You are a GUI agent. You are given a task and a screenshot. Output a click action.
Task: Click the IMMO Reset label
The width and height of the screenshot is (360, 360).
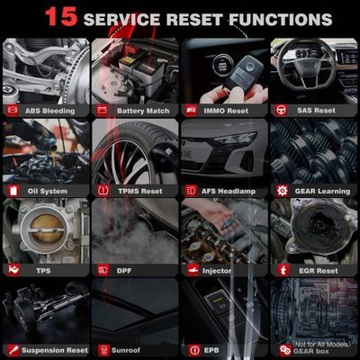[x=228, y=111]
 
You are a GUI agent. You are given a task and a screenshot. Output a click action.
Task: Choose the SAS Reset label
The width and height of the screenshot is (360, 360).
[x=318, y=111]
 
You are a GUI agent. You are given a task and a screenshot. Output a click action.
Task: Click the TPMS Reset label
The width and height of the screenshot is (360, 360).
[x=139, y=191]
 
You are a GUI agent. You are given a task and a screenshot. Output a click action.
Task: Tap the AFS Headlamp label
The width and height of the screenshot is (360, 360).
[x=232, y=191]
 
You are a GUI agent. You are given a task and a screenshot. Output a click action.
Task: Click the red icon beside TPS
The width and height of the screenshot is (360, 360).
[x=13, y=269]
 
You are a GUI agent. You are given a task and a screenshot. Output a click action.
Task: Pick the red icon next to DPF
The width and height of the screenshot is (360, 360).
[x=101, y=269]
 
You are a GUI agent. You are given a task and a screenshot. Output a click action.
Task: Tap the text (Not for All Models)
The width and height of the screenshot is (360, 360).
[x=321, y=343]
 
